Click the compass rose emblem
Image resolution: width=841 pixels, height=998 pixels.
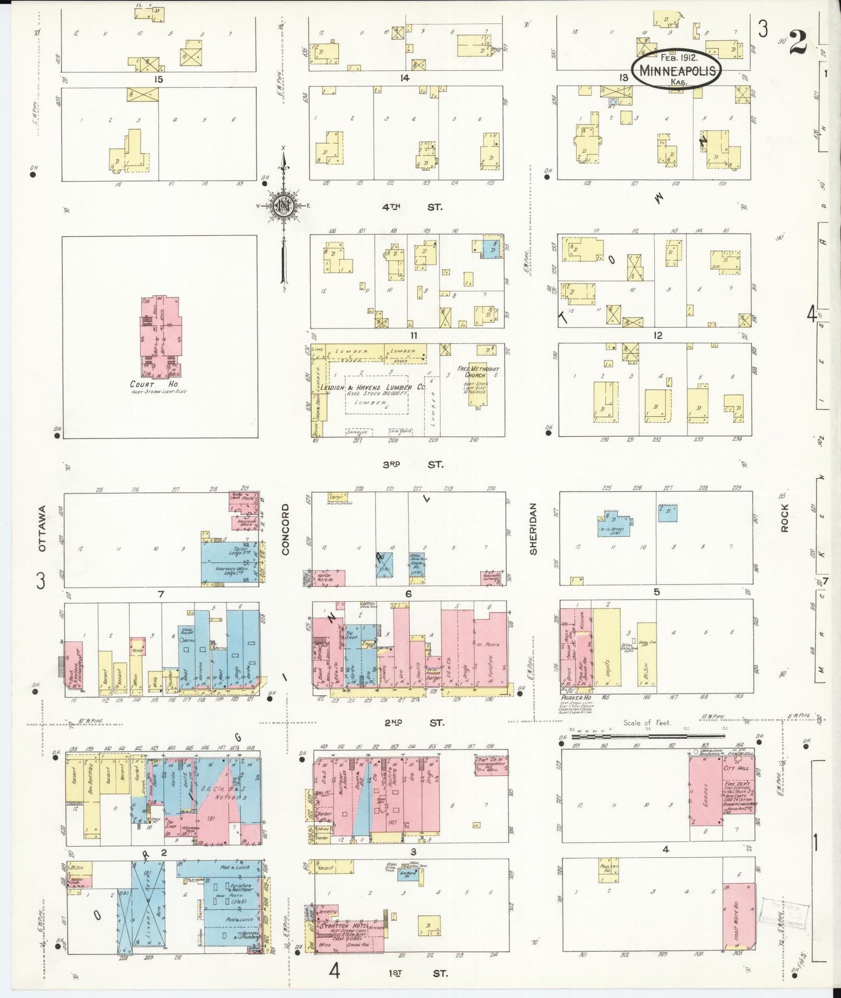click(283, 206)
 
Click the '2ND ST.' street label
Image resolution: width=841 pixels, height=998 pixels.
click(413, 723)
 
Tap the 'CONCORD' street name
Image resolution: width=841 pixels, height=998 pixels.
click(285, 529)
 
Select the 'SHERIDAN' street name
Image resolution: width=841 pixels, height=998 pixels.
click(533, 529)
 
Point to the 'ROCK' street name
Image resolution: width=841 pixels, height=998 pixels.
click(785, 518)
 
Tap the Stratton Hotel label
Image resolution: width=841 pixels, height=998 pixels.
click(340, 925)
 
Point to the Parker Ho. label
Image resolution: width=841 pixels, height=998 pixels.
click(576, 697)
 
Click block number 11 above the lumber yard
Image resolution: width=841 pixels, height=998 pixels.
click(413, 335)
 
